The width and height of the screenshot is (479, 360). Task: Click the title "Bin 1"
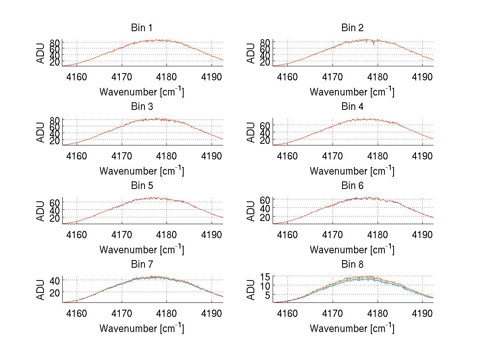141,28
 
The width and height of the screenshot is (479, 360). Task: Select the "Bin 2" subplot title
352,28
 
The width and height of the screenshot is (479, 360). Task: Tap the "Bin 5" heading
141,186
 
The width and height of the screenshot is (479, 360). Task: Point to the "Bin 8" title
352,265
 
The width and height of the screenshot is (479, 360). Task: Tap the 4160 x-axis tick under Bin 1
76,77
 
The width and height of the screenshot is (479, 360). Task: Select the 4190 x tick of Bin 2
423,77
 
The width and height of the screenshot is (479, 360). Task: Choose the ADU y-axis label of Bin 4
251,132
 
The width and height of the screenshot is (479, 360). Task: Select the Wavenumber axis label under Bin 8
352,328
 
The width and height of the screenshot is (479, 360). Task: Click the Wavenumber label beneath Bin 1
141,92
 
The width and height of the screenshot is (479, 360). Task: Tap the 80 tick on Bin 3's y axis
54,120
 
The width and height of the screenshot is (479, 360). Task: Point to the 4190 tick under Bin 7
212,313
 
